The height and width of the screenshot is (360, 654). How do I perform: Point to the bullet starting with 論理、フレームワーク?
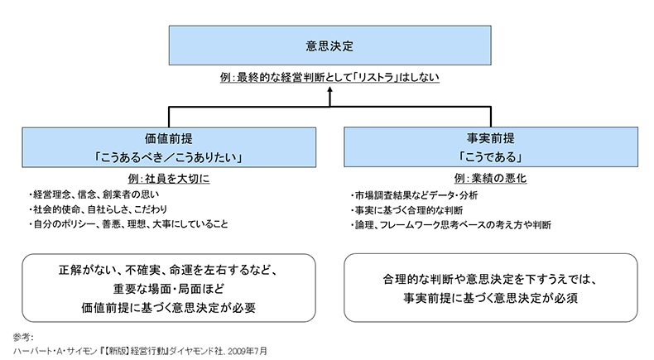coord(451,224)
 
